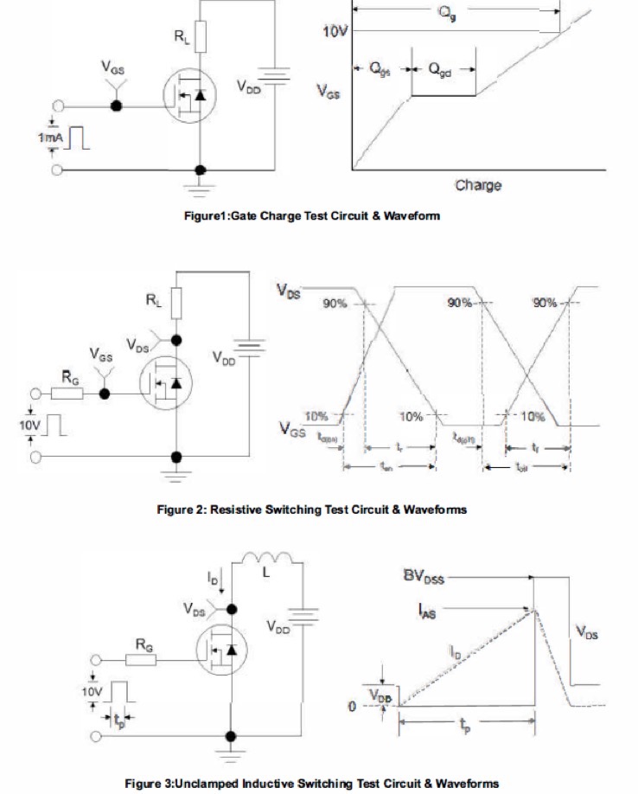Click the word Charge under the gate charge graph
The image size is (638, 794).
pos(477,186)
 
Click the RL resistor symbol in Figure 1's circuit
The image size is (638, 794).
pos(200,37)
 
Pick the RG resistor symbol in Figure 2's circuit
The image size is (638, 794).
pos(67,393)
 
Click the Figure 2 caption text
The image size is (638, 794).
pos(310,509)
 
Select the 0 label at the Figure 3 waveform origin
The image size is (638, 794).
pos(352,707)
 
